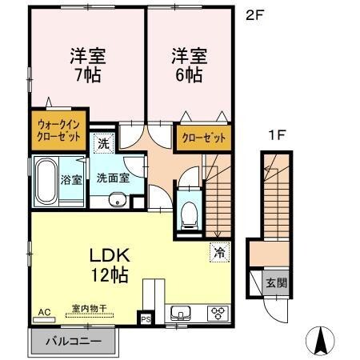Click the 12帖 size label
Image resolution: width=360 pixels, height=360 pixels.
click(x=107, y=275)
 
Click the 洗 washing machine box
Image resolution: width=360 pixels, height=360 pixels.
click(x=103, y=144)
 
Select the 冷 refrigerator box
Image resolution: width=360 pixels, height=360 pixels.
click(x=218, y=251)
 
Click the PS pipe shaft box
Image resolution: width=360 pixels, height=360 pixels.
click(x=145, y=318)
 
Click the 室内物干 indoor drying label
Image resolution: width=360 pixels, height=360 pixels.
click(x=86, y=308)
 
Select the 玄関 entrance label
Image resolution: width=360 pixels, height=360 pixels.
click(x=274, y=284)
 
